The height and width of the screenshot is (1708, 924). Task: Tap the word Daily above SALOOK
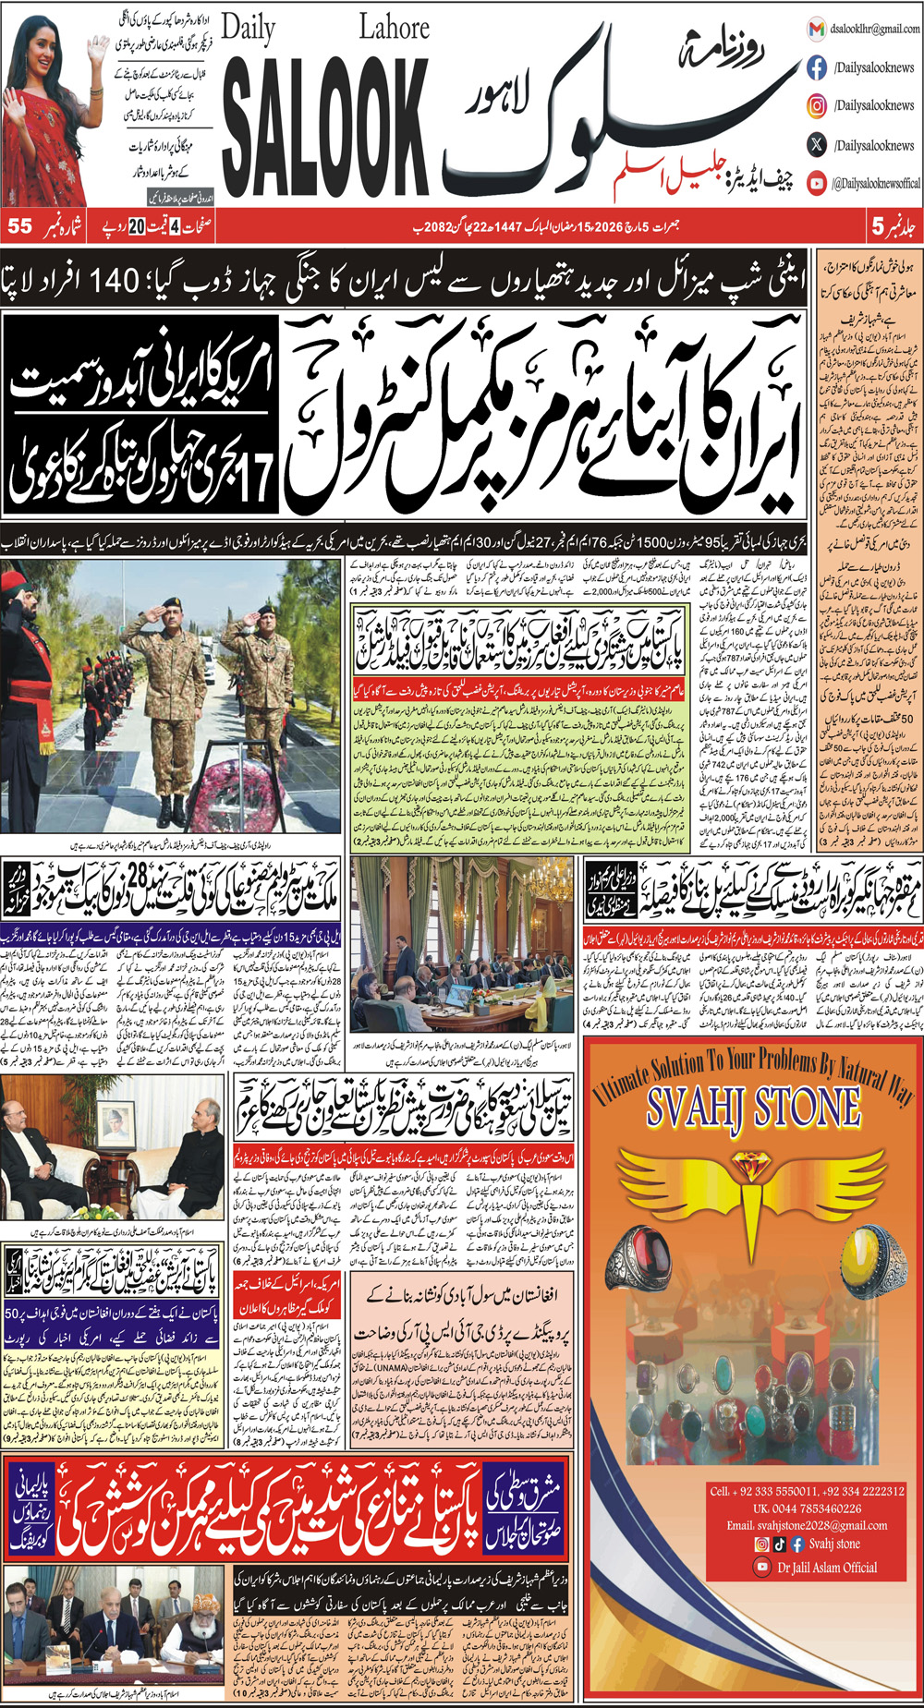[248, 30]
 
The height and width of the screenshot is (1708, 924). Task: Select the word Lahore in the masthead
[394, 27]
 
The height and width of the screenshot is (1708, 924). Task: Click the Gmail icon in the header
[816, 29]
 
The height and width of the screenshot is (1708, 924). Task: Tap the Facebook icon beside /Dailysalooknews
[817, 67]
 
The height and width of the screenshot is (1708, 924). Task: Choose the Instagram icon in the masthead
[817, 105]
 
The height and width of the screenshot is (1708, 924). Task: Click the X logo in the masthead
[817, 144]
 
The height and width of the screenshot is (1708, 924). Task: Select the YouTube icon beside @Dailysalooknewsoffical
[817, 183]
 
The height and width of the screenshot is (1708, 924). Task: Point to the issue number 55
[19, 226]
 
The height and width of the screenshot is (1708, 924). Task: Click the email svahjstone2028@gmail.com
[807, 1525]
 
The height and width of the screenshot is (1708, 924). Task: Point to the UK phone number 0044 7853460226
[807, 1508]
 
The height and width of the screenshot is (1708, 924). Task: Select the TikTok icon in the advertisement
[780, 1544]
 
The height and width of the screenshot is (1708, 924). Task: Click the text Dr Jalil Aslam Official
[827, 1567]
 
